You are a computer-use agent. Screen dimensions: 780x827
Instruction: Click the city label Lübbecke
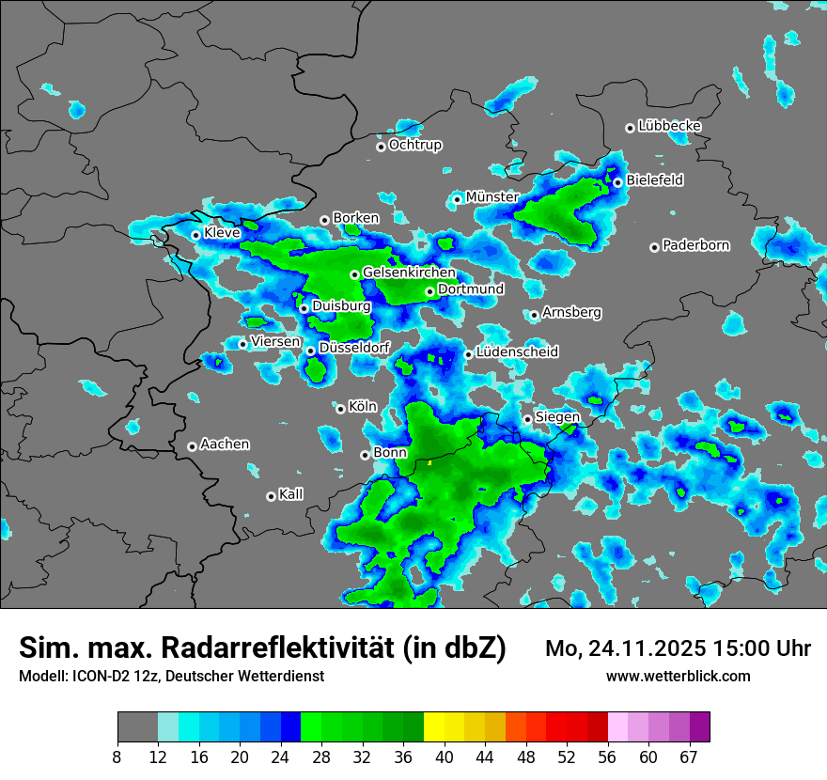tap(669, 126)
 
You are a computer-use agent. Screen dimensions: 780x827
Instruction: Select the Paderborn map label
tap(695, 245)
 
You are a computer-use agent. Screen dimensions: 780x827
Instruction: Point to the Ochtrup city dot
tap(381, 146)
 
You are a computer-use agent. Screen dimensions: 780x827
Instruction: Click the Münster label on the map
tap(492, 196)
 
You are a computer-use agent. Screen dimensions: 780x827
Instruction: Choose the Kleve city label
tap(222, 232)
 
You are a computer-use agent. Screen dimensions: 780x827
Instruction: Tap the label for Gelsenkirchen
tap(409, 273)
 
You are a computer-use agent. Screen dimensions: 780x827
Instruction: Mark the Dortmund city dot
tap(429, 291)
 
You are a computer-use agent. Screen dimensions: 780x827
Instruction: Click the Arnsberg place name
tap(571, 312)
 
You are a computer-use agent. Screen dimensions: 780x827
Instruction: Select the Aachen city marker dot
tap(192, 446)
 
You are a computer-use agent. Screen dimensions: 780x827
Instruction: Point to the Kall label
tap(291, 493)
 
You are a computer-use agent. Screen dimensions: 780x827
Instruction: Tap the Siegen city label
tap(557, 416)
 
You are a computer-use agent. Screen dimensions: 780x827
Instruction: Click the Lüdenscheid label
tap(517, 351)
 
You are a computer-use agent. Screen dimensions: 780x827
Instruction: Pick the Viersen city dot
tap(242, 344)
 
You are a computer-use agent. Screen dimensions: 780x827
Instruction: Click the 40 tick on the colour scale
tap(444, 757)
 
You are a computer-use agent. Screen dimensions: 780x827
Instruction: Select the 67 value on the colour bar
tap(690, 757)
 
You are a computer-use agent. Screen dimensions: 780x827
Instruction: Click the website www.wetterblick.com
tap(678, 676)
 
